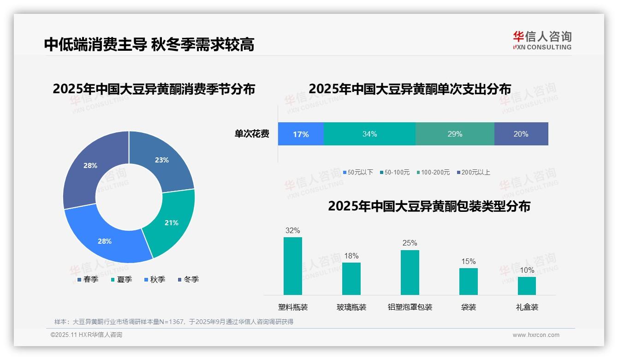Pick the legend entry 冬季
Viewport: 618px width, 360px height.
pyautogui.click(x=188, y=279)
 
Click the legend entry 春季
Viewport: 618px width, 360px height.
pyautogui.click(x=87, y=279)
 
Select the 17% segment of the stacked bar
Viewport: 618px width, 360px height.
pyautogui.click(x=301, y=134)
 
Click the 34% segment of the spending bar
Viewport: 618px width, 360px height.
pyautogui.click(x=369, y=134)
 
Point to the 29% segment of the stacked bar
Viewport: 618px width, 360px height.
pyautogui.click(x=455, y=134)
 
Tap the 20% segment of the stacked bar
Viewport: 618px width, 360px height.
pyautogui.click(x=521, y=134)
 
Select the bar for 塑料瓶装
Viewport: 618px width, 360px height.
pyautogui.click(x=293, y=266)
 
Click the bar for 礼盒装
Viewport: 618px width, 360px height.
pyautogui.click(x=527, y=286)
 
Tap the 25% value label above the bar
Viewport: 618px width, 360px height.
pyautogui.click(x=410, y=243)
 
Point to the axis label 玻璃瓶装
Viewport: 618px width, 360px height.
pyautogui.click(x=351, y=307)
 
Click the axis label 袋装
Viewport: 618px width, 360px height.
pyautogui.click(x=469, y=307)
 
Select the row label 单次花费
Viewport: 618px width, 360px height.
pyautogui.click(x=252, y=134)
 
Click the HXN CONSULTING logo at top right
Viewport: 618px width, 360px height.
pyautogui.click(x=542, y=40)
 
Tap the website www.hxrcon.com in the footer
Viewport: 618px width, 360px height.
pyautogui.click(x=536, y=335)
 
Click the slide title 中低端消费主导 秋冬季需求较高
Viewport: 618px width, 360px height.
pyautogui.click(x=149, y=44)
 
